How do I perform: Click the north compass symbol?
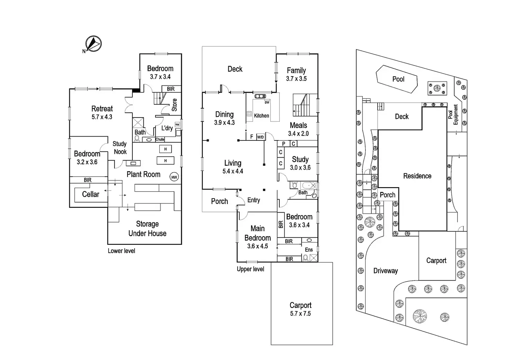tap(93, 44)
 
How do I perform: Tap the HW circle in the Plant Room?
tap(174, 177)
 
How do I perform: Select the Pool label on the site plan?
tap(398, 79)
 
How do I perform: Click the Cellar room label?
tap(91, 194)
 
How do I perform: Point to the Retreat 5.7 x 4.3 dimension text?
tap(102, 117)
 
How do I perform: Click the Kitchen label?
tap(261, 116)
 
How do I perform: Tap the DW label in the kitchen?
tap(267, 102)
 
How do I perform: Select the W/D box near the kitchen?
tap(260, 137)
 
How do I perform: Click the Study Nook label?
tap(120, 148)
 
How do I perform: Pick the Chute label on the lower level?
tap(160, 139)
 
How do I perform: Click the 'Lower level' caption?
tap(121, 251)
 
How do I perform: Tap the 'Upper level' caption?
tap(250, 269)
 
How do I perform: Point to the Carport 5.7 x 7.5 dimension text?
tap(300, 314)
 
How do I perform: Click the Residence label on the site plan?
tap(417, 176)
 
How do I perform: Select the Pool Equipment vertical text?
tap(453, 114)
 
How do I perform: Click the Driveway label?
tap(386, 271)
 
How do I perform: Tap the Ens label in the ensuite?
tap(309, 250)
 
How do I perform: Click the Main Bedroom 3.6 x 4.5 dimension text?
tap(258, 246)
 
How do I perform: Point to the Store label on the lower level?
tap(174, 105)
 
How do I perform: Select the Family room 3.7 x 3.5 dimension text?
tap(296, 79)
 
